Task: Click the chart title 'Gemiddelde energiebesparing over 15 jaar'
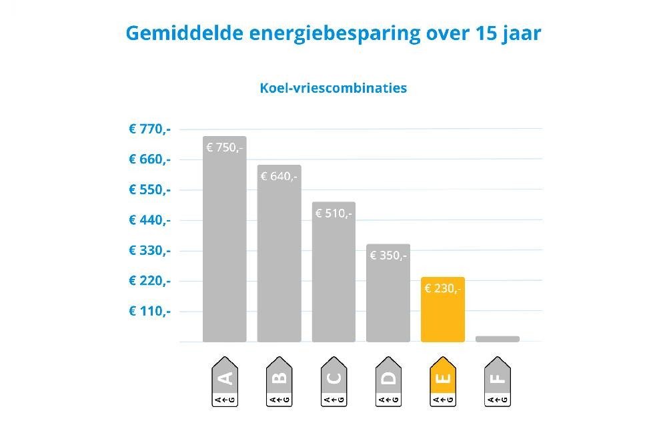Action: tap(333, 33)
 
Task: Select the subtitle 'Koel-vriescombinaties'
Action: tap(333, 87)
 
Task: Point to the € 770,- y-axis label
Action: tap(150, 129)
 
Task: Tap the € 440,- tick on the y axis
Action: tap(150, 220)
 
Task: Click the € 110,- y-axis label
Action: tap(150, 311)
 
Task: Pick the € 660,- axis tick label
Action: tap(150, 159)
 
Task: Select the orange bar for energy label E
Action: tap(443, 310)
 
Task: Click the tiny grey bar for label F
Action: tap(498, 339)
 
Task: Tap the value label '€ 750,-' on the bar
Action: tap(224, 147)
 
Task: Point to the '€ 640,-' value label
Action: tap(279, 176)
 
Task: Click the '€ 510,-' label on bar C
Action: tap(333, 213)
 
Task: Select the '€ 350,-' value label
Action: tap(388, 255)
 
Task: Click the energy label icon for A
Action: tap(224, 382)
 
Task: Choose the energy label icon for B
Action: tap(279, 382)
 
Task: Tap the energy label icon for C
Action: tap(333, 382)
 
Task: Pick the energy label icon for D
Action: tap(388, 382)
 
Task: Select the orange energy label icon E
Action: tap(443, 382)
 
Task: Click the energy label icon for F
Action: tap(498, 382)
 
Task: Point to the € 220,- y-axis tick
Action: tap(150, 281)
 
